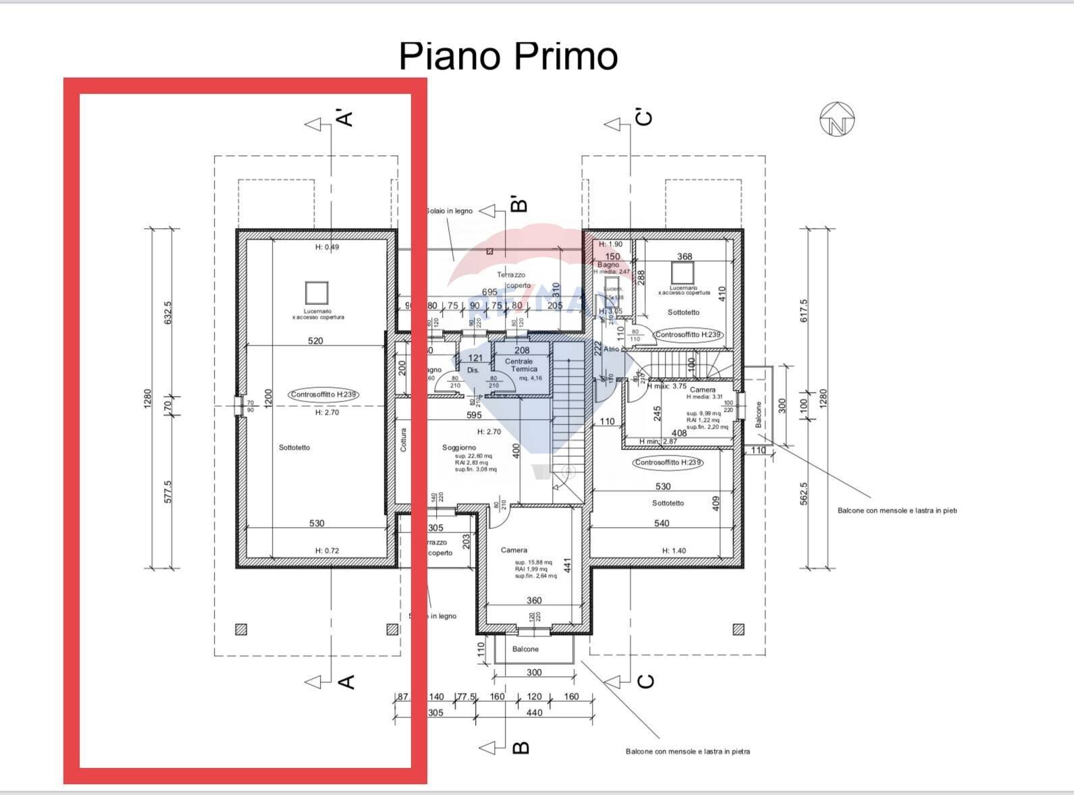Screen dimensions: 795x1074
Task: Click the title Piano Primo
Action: (508, 55)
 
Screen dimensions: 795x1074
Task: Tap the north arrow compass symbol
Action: (837, 119)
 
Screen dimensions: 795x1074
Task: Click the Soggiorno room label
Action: (459, 447)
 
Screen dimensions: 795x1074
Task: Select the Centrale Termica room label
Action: (520, 365)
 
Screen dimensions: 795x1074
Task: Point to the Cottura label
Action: (404, 440)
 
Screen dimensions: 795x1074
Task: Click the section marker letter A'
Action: (345, 118)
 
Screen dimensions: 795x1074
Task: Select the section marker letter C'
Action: (645, 117)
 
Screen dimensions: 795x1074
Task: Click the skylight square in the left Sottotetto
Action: (316, 293)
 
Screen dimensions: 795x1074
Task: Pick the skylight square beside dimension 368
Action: (682, 273)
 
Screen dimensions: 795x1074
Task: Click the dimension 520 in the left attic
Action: (315, 341)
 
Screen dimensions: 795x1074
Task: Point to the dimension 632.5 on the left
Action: (168, 312)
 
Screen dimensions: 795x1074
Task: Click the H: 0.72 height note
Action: (327, 551)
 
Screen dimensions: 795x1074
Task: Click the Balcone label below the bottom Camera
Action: (525, 649)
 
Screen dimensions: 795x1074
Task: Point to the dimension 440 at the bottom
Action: (534, 713)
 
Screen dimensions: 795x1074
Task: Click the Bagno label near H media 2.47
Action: (608, 265)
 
